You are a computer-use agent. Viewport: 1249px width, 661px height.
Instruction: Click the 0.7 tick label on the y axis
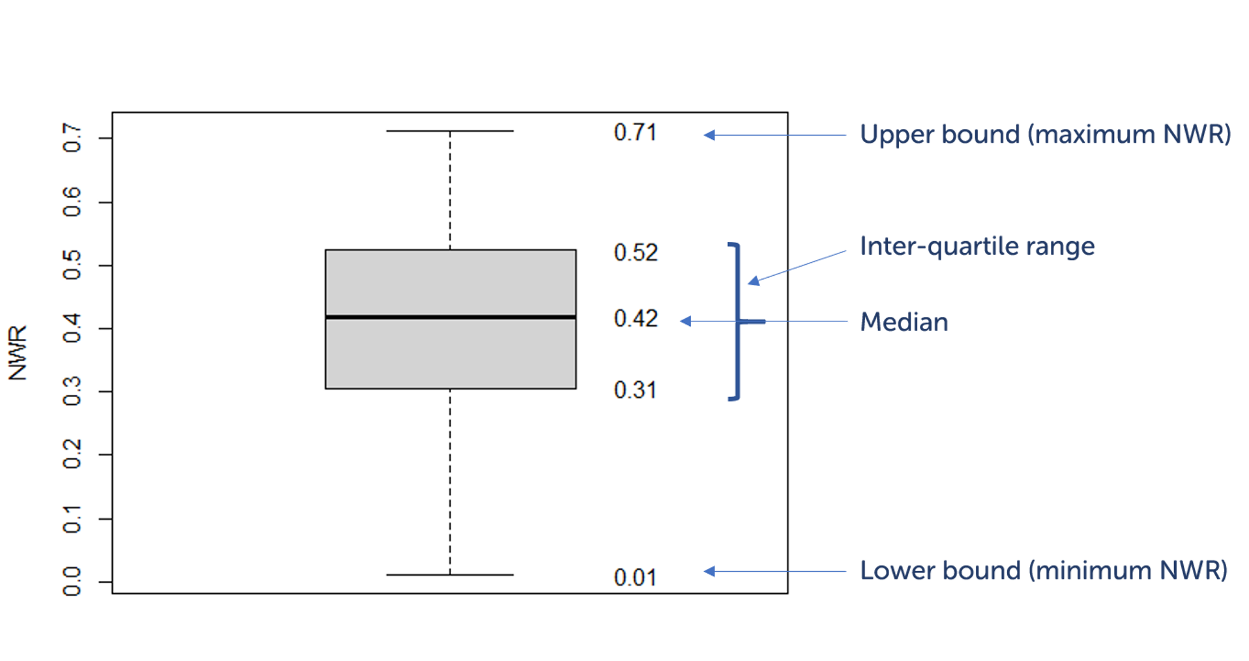pos(72,138)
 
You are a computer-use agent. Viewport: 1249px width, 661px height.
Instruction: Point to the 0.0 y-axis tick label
pos(72,581)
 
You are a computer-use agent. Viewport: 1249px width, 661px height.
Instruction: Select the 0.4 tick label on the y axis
pos(72,328)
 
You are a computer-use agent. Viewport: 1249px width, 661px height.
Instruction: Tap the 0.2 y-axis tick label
pos(72,454)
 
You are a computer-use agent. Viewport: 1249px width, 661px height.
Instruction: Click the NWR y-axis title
pos(18,353)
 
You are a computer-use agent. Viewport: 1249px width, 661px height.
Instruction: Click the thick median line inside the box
pos(450,317)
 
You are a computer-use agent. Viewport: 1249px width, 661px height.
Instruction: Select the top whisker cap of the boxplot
pos(450,131)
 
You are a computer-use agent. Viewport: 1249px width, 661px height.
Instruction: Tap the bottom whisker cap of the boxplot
pos(450,575)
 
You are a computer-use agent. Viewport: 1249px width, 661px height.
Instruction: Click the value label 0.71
pos(635,133)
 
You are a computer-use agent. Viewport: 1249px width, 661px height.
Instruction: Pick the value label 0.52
pos(636,253)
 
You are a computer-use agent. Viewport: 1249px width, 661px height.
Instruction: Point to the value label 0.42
pos(636,319)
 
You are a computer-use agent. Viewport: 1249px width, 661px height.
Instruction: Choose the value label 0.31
pos(635,390)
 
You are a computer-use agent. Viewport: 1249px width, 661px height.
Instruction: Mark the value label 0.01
pos(635,578)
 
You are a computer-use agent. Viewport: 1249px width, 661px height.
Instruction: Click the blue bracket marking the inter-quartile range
pos(737,321)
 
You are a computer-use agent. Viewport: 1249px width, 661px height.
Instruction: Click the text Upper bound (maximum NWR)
pos(1045,134)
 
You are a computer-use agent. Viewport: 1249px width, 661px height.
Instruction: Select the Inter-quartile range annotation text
pos(977,246)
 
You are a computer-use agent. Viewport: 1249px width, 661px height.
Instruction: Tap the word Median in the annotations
pos(904,322)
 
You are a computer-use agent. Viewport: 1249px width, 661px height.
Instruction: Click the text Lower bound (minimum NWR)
pos(1043,570)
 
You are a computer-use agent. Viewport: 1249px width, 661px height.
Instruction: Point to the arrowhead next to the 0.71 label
pos(709,135)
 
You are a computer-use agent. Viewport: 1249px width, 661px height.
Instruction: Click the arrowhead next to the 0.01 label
pos(709,571)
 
